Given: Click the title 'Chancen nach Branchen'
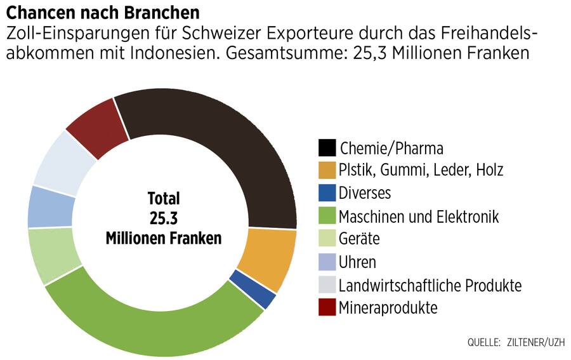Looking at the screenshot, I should click(x=103, y=12).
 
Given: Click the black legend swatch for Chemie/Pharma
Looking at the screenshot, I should click(x=327, y=148).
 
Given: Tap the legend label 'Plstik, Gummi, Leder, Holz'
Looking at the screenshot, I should click(x=421, y=170).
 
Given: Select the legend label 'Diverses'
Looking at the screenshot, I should click(x=365, y=193).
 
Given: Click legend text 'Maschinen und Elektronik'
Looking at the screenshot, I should click(x=419, y=217).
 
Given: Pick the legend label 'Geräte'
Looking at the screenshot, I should click(x=359, y=239).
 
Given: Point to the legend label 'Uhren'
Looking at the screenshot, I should click(x=357, y=262).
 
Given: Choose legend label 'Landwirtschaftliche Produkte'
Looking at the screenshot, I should click(x=430, y=286).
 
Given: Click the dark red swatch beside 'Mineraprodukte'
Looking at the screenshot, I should click(x=327, y=308).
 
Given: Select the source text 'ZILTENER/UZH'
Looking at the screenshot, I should click(x=534, y=343).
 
